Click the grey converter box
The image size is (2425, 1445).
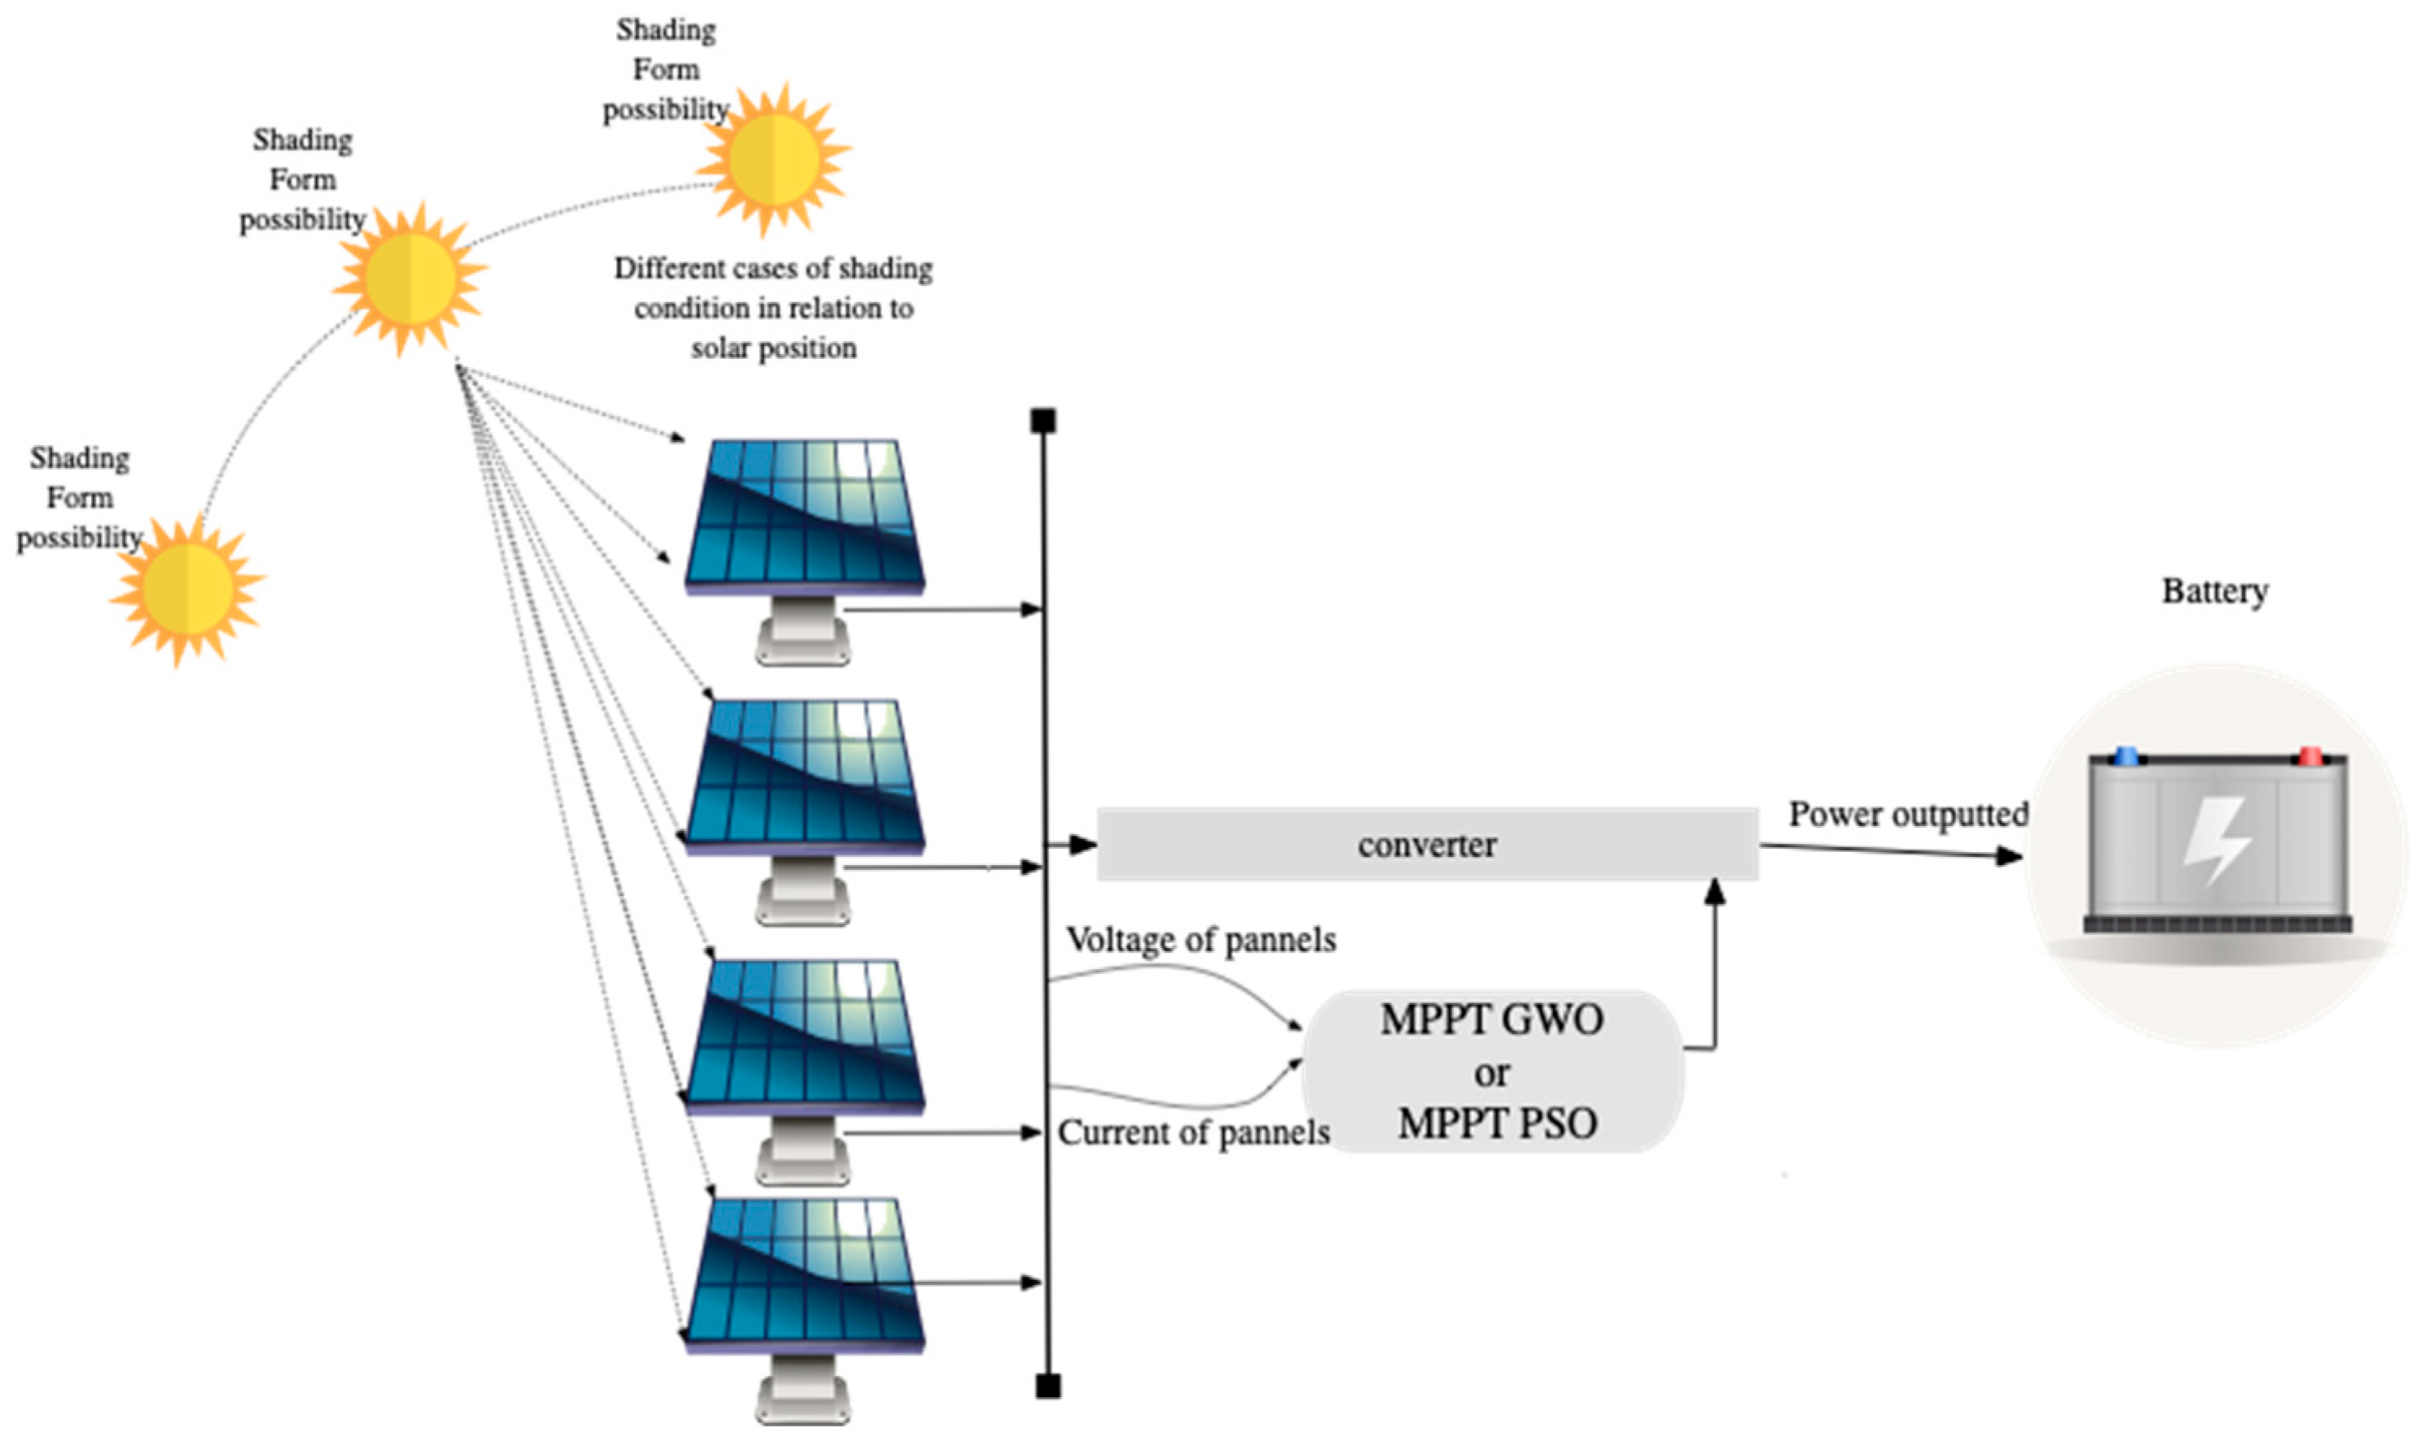pos(1427,844)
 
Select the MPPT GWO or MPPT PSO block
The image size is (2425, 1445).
pos(1492,1072)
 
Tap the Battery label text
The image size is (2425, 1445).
pos(2215,591)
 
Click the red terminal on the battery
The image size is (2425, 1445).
pos(2309,755)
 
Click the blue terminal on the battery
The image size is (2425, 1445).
pos(2127,755)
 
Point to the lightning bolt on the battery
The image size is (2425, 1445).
pos(2217,839)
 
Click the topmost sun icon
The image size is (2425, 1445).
pos(774,158)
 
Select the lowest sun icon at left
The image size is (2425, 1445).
pos(187,588)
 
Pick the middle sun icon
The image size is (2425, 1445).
pos(410,279)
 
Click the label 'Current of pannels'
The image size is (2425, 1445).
pos(1193,1132)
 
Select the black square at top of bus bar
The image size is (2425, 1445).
pos(1043,421)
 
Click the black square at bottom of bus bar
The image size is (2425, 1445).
pos(1048,1387)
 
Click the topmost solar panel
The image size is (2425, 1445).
pos(805,516)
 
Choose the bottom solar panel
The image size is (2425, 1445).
pos(805,1275)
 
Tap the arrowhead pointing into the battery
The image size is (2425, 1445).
pos(2010,857)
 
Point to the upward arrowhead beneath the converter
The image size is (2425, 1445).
pos(1715,892)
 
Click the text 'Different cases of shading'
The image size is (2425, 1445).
pos(772,269)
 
